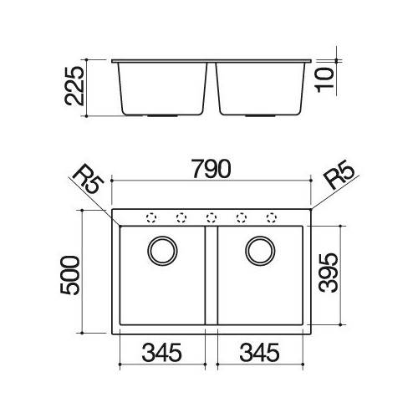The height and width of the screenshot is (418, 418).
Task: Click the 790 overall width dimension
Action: point(212,169)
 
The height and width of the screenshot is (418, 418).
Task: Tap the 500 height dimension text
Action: point(69,275)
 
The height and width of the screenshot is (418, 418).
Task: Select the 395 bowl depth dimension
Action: point(329,273)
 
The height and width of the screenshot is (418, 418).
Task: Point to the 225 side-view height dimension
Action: point(74,86)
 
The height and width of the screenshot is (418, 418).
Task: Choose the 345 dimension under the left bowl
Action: point(162,353)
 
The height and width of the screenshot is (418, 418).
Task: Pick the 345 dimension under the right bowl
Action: point(259,353)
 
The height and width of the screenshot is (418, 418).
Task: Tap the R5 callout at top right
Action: point(339,175)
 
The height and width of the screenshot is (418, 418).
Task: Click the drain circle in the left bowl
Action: point(162,237)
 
